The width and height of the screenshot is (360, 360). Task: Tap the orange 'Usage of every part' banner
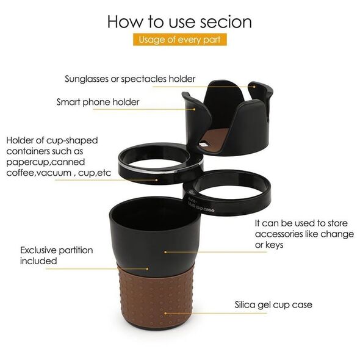(180, 40)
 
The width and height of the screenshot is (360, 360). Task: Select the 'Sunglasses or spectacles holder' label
(130, 79)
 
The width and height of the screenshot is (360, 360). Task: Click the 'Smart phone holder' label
(98, 102)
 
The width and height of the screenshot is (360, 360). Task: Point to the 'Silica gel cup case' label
(273, 305)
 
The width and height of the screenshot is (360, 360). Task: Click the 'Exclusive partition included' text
(57, 256)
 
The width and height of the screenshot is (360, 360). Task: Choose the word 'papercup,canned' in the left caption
(46, 162)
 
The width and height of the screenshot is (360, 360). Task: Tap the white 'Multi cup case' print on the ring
(201, 205)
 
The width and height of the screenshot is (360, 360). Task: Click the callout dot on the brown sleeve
(165, 313)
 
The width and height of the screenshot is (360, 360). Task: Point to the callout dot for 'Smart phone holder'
(194, 109)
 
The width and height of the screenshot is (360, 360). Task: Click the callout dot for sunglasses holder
(254, 87)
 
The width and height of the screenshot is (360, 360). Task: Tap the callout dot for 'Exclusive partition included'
(148, 268)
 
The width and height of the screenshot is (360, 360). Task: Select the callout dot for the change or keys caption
(165, 252)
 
